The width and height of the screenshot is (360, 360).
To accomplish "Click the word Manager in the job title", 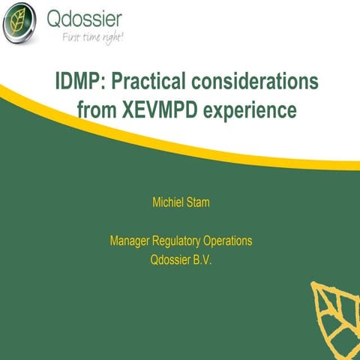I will (x=130, y=241).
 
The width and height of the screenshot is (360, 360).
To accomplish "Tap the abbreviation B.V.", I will (x=207, y=262).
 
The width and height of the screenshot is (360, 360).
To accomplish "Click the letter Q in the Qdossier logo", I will (x=55, y=18).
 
